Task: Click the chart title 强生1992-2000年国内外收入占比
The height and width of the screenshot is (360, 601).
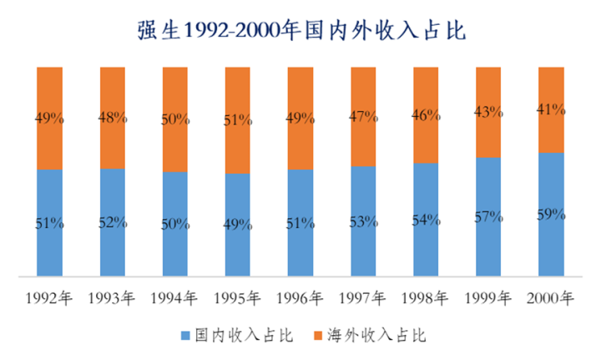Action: tap(300, 30)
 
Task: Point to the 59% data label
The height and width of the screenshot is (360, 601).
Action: tap(551, 214)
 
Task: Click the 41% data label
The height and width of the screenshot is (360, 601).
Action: tap(551, 109)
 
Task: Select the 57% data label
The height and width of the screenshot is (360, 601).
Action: tap(488, 216)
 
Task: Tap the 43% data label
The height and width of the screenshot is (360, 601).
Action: tap(488, 111)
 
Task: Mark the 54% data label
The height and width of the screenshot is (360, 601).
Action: tap(426, 220)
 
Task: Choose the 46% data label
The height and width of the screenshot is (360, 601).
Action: tap(426, 115)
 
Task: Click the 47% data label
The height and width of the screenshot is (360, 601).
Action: tap(363, 117)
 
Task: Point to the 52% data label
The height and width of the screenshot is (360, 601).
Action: tap(113, 222)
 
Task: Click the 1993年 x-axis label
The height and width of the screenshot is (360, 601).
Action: tap(113, 297)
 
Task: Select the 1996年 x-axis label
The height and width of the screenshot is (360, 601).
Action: tap(300, 297)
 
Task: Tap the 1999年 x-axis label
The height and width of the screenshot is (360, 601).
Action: tap(488, 297)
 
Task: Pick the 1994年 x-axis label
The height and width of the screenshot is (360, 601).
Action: tap(175, 297)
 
